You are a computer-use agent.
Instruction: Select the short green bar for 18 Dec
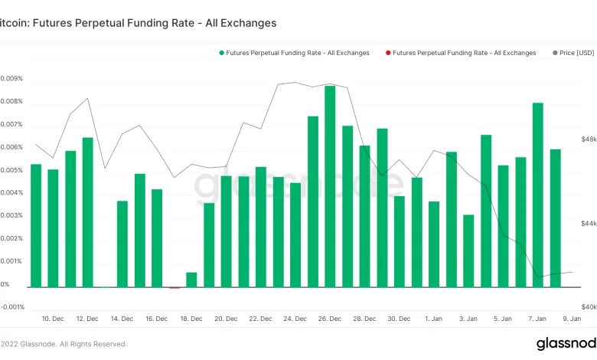pyautogui.click(x=191, y=280)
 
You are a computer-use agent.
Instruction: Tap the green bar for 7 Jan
pyautogui.click(x=538, y=195)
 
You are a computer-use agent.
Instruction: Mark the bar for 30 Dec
pyautogui.click(x=399, y=241)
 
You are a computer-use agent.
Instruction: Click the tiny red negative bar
pyautogui.click(x=175, y=288)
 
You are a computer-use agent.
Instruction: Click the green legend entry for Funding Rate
pyautogui.click(x=294, y=53)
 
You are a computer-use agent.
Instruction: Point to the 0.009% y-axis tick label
pyautogui.click(x=11, y=79)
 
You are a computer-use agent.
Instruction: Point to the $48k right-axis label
pyautogui.click(x=589, y=140)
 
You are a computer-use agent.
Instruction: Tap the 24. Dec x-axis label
pyautogui.click(x=295, y=318)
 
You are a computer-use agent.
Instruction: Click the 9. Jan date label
pyautogui.click(x=572, y=318)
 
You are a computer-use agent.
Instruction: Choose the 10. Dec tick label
pyautogui.click(x=53, y=318)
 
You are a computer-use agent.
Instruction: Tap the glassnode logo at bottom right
pyautogui.click(x=566, y=343)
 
